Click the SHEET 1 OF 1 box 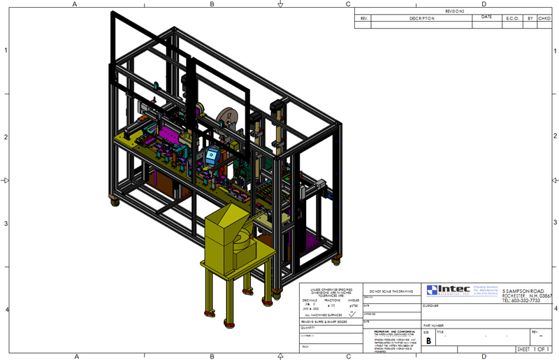tap(533, 349)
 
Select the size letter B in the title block tap(428, 341)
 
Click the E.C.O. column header tap(512, 18)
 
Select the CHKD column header tap(544, 18)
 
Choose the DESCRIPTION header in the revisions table tap(421, 18)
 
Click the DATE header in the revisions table tap(486, 17)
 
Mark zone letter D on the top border tap(484, 3)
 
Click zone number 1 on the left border tap(6, 50)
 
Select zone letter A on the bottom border tap(75, 357)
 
